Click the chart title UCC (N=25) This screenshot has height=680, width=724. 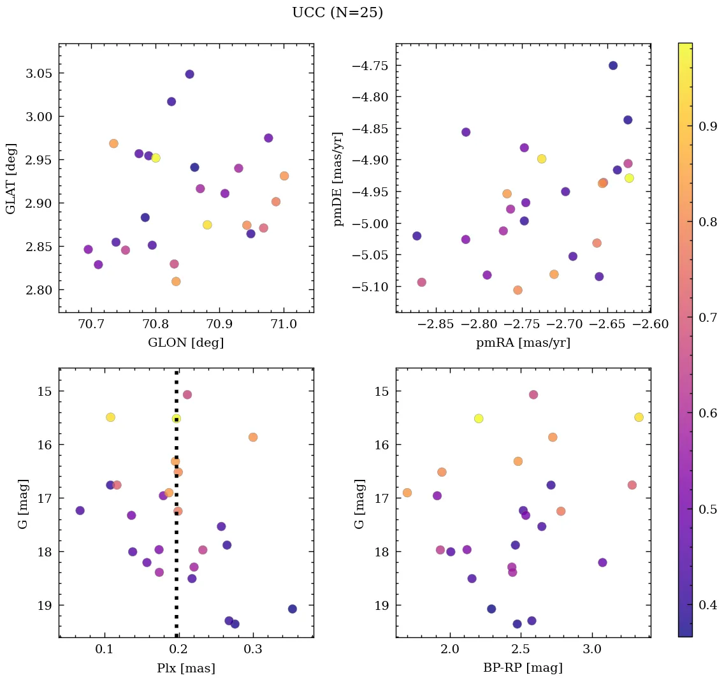(337, 13)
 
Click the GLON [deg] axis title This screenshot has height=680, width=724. (185, 343)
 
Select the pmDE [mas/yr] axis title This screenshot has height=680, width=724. (338, 179)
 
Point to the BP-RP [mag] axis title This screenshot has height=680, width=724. (523, 669)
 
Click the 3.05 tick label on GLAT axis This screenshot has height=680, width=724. (39, 73)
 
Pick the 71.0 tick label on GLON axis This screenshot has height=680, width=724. (284, 324)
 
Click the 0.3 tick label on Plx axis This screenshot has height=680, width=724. (254, 650)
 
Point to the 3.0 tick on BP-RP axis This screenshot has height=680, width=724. (593, 650)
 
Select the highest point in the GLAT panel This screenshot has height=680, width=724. (189, 74)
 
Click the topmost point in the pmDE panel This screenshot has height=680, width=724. (613, 66)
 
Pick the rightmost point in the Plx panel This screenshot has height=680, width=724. (292, 609)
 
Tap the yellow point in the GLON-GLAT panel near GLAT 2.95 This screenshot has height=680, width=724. (156, 158)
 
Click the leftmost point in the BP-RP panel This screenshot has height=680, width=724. (407, 493)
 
